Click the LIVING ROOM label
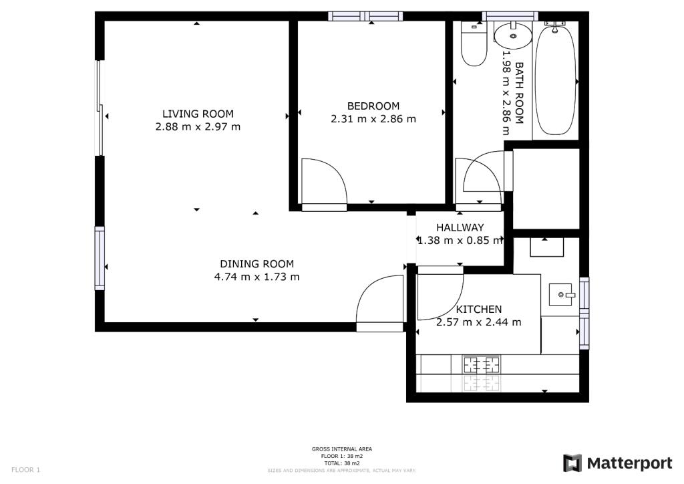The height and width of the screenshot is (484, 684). [198, 114]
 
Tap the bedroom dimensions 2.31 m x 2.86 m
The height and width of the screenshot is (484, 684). [373, 119]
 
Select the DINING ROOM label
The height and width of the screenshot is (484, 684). [257, 264]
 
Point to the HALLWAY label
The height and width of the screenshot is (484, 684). [460, 227]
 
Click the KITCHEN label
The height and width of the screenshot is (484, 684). [479, 310]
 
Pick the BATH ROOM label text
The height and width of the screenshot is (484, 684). [519, 93]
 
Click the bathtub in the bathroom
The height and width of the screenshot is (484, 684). [555, 81]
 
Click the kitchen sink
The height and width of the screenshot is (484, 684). [560, 295]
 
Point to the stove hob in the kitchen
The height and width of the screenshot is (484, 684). [482, 364]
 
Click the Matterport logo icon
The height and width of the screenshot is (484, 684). [572, 463]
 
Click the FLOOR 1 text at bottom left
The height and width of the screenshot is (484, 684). [25, 470]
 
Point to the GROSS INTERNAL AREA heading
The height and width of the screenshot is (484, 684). [341, 449]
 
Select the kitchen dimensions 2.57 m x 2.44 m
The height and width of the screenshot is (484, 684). [479, 322]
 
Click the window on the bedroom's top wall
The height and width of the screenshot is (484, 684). [365, 17]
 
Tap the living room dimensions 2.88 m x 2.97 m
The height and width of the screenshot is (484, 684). [198, 127]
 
